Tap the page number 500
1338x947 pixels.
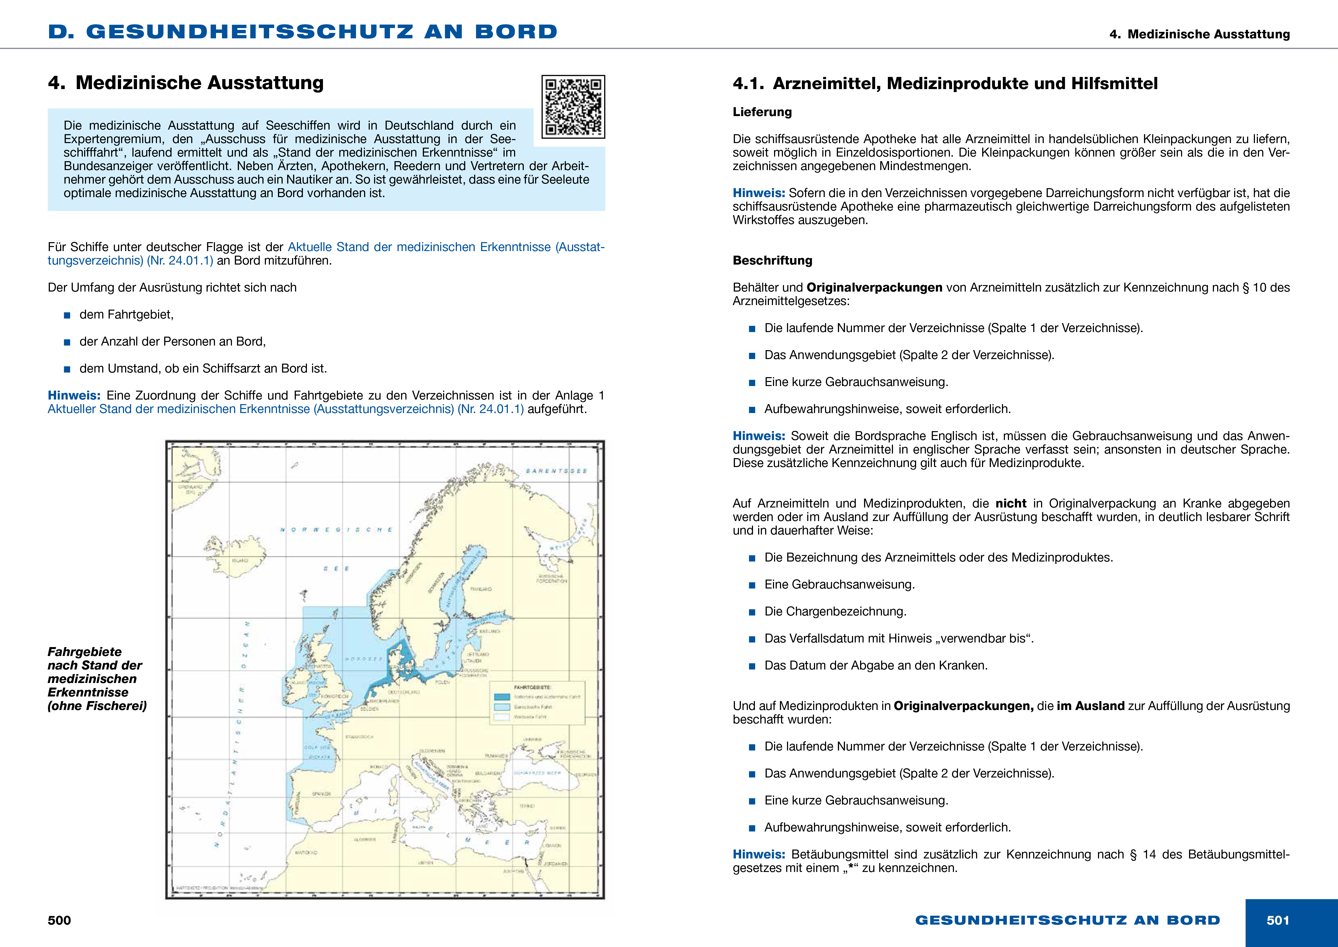tap(59, 920)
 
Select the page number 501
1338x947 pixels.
tap(1277, 920)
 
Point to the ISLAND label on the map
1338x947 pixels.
tap(240, 560)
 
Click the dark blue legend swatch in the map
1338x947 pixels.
tap(502, 697)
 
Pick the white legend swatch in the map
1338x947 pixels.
tap(502, 717)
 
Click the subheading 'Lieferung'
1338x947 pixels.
tap(762, 112)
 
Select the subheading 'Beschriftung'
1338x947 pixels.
tap(772, 261)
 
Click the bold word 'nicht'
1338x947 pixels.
tap(1011, 503)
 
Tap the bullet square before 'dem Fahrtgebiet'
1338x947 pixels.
tap(67, 316)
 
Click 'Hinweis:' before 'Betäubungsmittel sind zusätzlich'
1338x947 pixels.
tap(759, 854)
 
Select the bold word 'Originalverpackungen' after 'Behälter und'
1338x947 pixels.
tap(874, 288)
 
